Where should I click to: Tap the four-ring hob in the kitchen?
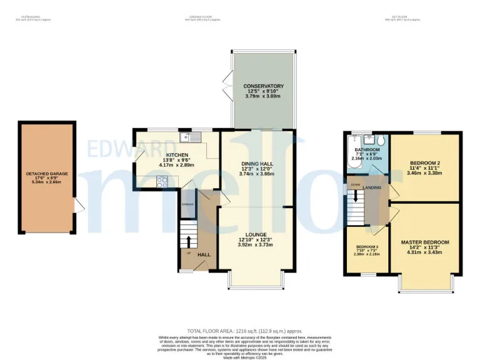(161, 182)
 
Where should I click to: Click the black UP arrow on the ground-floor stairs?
(188, 240)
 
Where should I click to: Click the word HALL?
(204, 254)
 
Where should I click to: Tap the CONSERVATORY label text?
(263, 86)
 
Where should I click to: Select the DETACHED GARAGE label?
(47, 174)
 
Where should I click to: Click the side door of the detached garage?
(78, 205)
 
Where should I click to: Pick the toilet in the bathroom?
(381, 141)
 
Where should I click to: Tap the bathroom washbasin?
(369, 139)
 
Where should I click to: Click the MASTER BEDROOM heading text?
(425, 242)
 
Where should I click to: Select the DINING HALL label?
(257, 164)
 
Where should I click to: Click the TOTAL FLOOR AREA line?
(244, 331)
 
